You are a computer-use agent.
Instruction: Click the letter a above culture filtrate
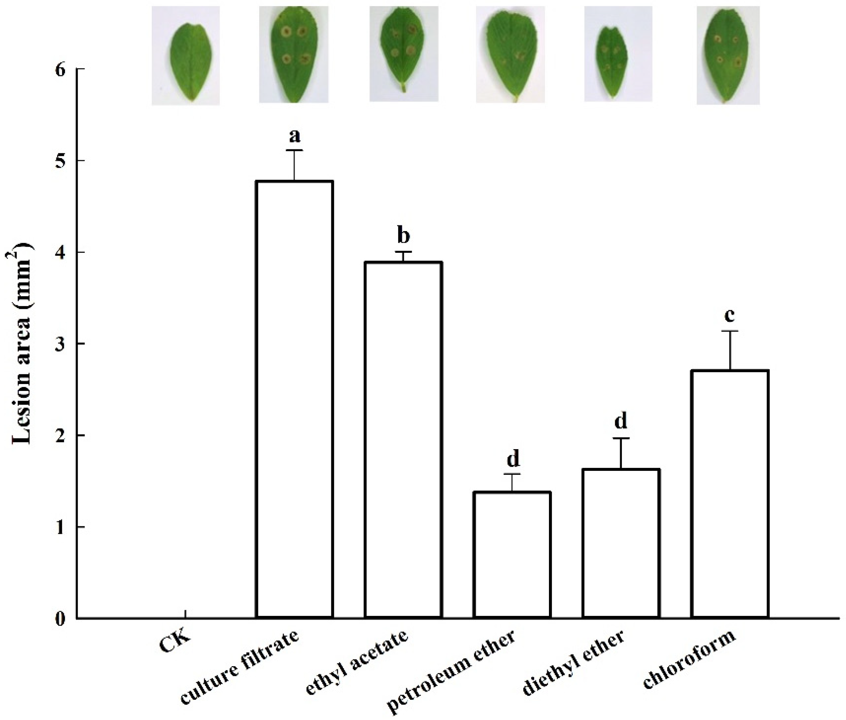pyautogui.click(x=294, y=136)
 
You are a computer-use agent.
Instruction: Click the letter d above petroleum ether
pyautogui.click(x=513, y=459)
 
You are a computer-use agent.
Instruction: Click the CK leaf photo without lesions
pyautogui.click(x=186, y=56)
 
